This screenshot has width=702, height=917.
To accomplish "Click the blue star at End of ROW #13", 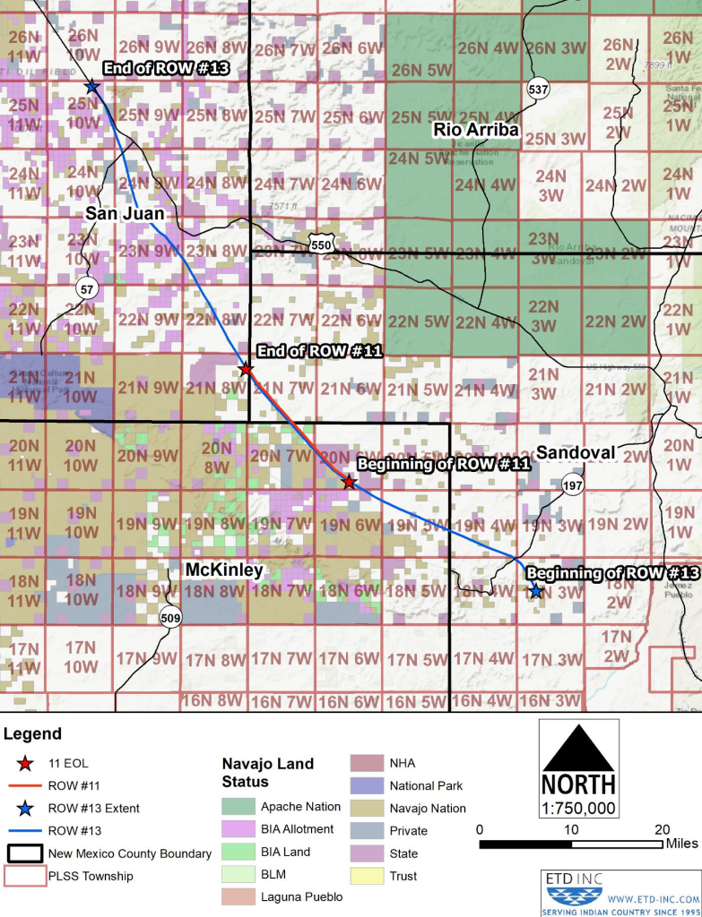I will click(91, 87).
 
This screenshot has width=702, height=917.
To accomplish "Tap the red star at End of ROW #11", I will click(246, 369).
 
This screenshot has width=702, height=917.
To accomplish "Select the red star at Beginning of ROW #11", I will click(349, 482).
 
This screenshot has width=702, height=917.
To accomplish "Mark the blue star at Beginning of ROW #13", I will click(535, 591).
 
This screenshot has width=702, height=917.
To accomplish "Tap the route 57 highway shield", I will click(86, 288).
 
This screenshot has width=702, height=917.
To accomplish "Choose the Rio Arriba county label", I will click(476, 130).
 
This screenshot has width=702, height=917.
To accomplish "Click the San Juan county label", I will click(125, 214).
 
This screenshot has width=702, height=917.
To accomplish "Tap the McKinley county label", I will click(224, 570).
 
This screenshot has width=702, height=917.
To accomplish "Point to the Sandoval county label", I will click(575, 453).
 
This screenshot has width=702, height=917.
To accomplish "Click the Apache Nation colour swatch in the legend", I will click(238, 807).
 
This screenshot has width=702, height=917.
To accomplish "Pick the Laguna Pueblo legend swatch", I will click(238, 896).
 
